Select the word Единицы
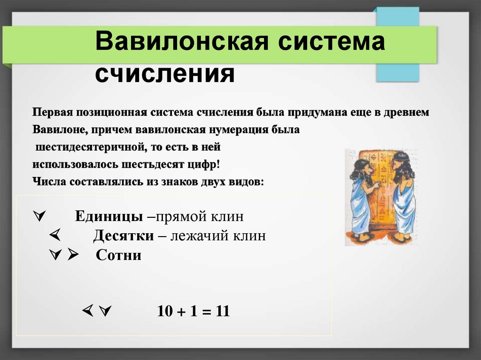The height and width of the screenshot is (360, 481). pos(109,217)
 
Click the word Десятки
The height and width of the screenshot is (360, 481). pos(123,236)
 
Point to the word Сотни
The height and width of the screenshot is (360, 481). pos(118,256)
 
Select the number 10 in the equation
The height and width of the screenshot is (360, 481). pos(165,312)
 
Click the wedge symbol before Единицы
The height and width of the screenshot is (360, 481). pos(39,217)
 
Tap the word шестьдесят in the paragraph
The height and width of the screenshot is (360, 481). pos(162,165)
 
